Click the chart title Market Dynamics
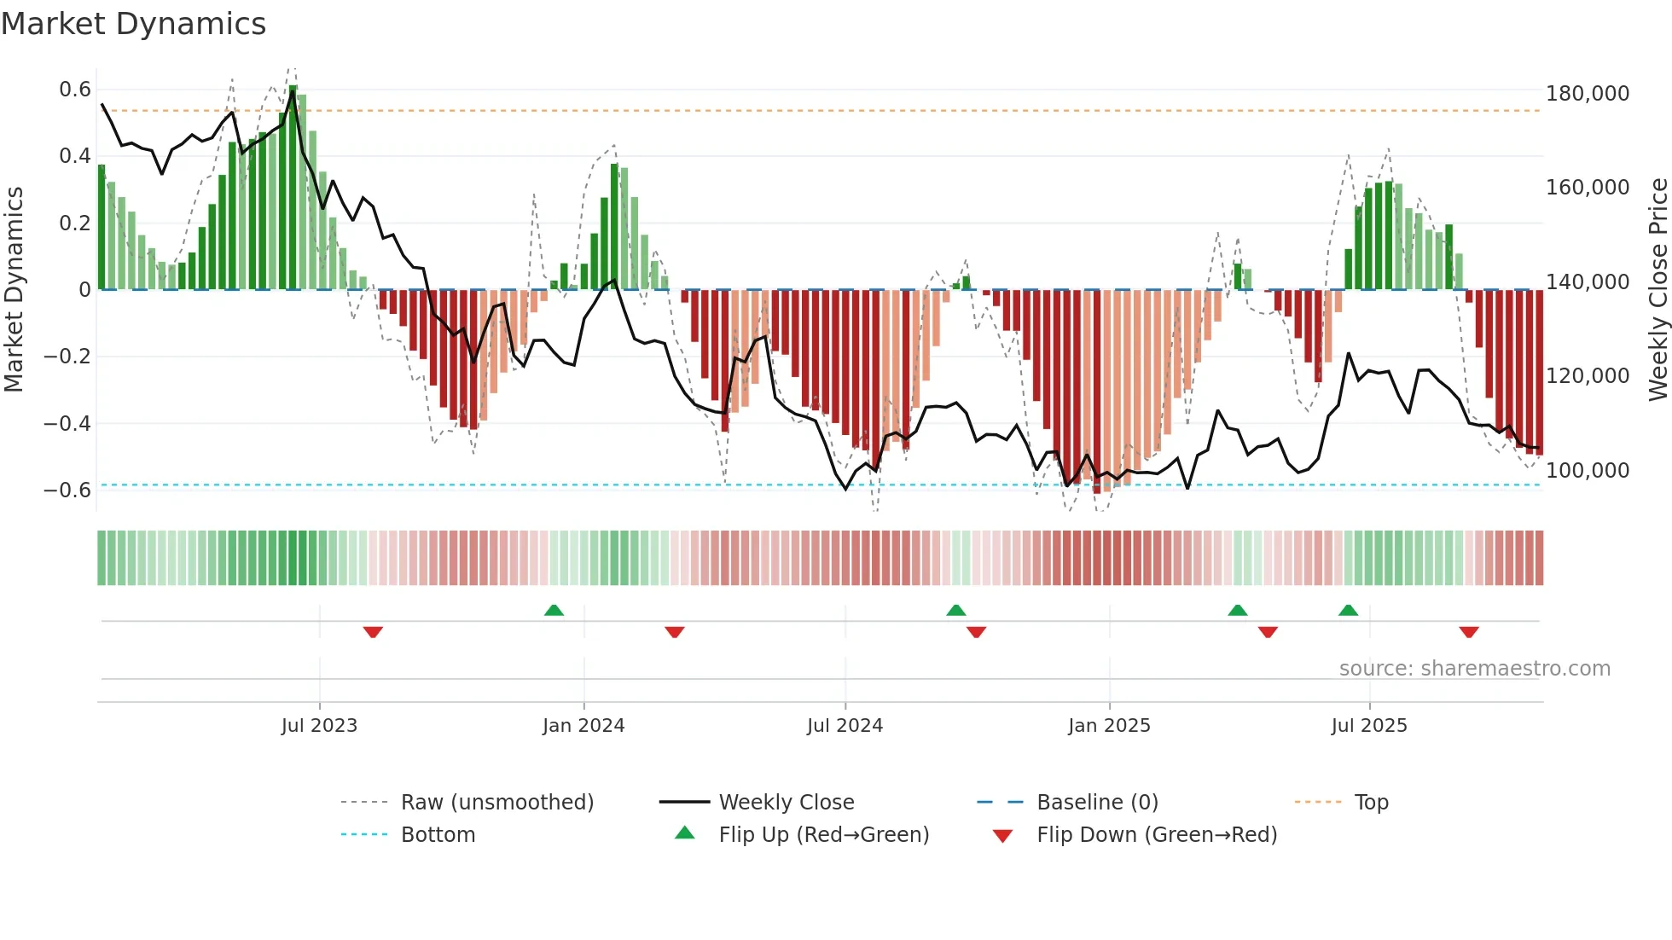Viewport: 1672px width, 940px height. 134,24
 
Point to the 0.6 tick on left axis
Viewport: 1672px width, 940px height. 75,90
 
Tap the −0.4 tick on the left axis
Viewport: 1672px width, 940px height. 67,423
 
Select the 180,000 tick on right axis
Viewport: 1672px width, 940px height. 1588,94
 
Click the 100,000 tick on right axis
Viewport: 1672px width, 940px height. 1588,470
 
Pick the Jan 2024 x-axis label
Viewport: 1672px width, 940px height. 583,726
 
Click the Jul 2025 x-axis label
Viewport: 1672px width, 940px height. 1369,726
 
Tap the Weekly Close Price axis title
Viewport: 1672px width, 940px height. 1657,290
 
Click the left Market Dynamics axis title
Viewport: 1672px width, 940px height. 14,290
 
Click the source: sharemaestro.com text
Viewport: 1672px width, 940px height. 1474,669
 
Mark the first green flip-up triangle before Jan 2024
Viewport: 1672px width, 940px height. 554,610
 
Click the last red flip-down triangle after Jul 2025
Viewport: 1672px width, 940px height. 1468,632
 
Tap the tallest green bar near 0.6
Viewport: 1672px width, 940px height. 293,188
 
